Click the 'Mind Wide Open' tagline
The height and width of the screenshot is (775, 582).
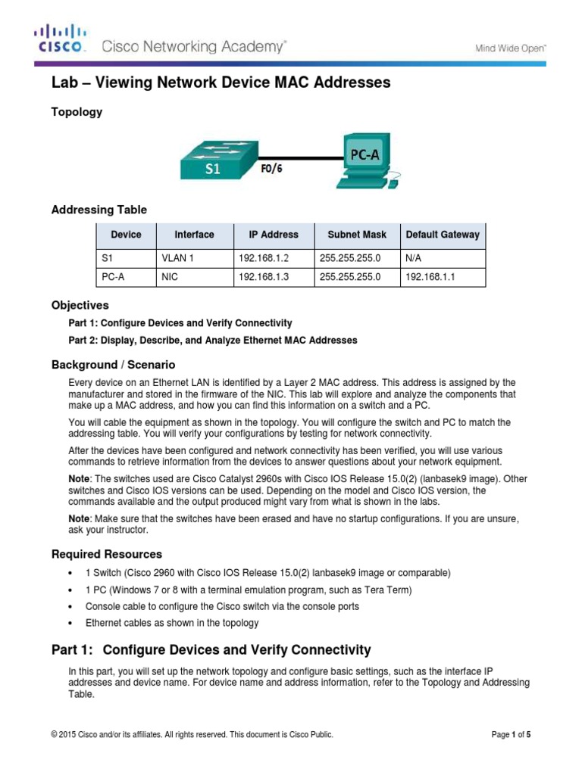click(510, 48)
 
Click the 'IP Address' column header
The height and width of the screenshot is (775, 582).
click(274, 235)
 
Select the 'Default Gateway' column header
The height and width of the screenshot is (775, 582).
click(443, 235)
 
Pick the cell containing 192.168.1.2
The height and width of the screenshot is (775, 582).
click(264, 258)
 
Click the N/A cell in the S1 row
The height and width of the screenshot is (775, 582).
click(415, 258)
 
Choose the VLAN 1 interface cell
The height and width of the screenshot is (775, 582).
click(178, 258)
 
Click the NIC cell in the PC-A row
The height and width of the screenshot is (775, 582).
click(169, 278)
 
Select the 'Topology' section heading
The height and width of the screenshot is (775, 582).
click(77, 112)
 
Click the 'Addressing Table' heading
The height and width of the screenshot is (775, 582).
click(99, 210)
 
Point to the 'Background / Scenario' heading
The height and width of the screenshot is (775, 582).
click(113, 365)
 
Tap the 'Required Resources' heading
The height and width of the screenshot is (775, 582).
click(107, 554)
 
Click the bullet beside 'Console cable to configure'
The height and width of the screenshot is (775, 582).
click(70, 607)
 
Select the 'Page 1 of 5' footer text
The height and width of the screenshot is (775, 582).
click(512, 734)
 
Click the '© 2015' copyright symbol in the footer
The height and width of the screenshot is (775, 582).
click(54, 734)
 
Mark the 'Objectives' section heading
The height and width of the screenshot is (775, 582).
click(80, 306)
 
